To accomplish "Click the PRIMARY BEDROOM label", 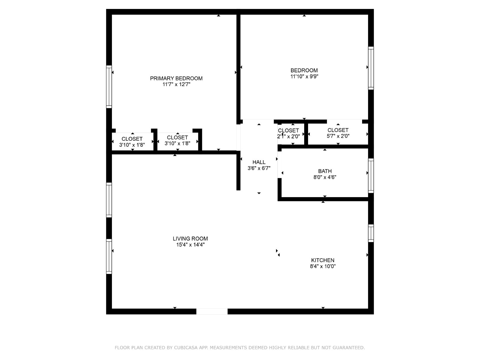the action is pos(176,78).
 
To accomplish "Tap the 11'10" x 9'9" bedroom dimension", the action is pos(304,76).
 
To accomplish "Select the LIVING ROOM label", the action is pos(190,238).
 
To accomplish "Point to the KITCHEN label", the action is pos(323,260).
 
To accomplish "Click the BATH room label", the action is pos(325,171).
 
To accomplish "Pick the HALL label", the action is pos(259,162).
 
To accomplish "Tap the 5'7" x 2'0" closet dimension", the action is pos(338,136).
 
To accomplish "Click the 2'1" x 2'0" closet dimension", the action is pos(288,136).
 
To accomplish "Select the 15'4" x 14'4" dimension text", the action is pos(190,244).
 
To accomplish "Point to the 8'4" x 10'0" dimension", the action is pos(323,266).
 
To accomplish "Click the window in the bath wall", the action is pos(371,176).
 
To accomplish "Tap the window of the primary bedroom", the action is pos(109,87).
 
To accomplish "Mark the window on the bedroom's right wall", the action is pos(371,68).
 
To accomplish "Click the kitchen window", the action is pos(371,233).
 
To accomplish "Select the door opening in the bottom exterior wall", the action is pos(212,311).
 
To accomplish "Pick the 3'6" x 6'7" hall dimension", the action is pos(259,168).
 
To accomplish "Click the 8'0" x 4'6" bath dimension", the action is pos(325,177).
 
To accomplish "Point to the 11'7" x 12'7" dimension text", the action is pos(176,84).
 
